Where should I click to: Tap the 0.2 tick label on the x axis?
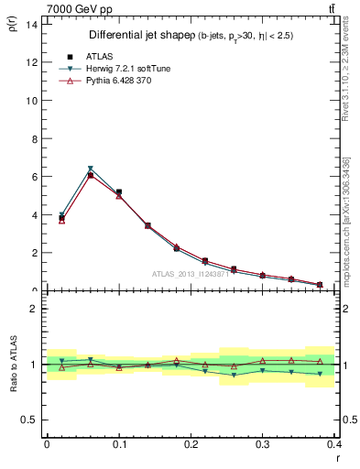(191, 442)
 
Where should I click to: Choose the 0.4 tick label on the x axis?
(334, 442)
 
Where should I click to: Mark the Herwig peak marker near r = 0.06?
(90, 169)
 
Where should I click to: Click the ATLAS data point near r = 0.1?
(119, 192)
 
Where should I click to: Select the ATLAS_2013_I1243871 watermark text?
(193, 274)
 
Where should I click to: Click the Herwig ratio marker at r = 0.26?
(234, 376)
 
